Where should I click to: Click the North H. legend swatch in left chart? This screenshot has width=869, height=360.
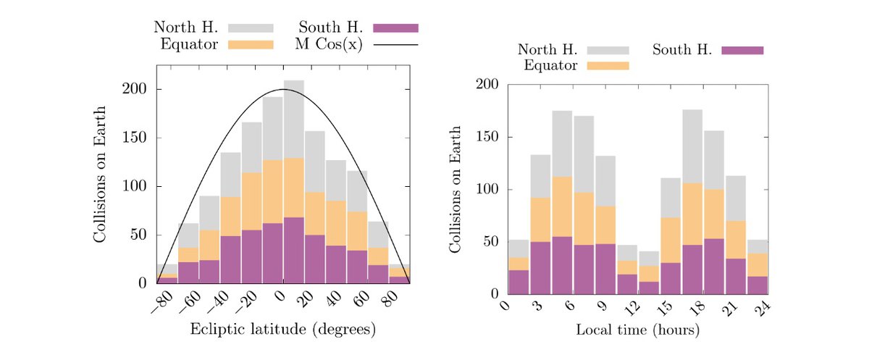251,28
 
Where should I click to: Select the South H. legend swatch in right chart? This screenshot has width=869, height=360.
742,50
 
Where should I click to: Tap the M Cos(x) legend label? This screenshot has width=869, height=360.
329,44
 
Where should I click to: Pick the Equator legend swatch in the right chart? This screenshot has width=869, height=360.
608,65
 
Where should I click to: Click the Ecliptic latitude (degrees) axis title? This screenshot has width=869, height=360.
282,330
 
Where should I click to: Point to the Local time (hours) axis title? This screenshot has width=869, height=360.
637,330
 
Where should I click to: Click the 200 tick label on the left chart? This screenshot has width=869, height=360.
140,90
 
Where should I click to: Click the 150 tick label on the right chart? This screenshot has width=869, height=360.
487,138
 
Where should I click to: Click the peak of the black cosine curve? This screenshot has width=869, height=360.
283,90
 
